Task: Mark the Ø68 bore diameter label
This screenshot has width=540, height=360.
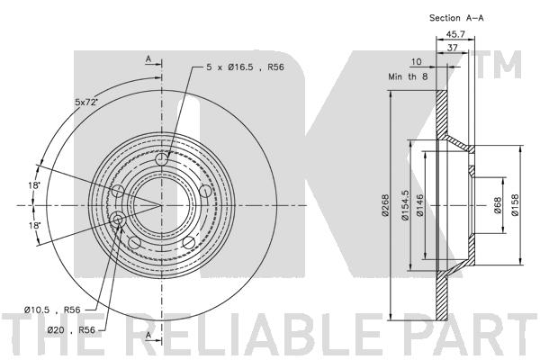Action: tap(498, 206)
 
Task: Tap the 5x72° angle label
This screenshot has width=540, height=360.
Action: tap(87, 102)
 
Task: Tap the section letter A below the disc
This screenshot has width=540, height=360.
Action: tap(148, 337)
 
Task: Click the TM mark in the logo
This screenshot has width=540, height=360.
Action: tap(507, 65)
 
